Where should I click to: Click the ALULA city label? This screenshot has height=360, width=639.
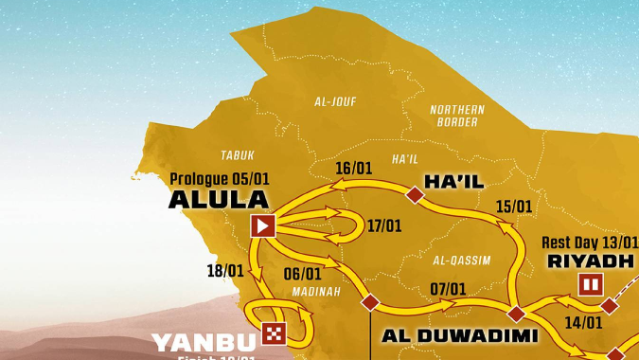coord(218,200)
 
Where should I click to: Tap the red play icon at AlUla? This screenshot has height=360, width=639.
coord(262,225)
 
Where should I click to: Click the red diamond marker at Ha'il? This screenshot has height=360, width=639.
coord(414,195)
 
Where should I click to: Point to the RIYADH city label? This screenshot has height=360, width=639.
coord(592,261)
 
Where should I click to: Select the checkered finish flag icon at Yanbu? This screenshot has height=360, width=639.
coord(273,333)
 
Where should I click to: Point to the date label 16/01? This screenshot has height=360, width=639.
coord(353,169)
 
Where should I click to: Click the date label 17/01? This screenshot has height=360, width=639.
coord(384,226)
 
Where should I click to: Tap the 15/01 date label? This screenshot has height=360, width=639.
coord(513,206)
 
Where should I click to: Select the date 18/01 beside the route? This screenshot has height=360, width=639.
coord(225,271)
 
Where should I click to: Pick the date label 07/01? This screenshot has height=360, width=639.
coord(448,289)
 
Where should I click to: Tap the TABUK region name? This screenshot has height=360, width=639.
coord(238,154)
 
